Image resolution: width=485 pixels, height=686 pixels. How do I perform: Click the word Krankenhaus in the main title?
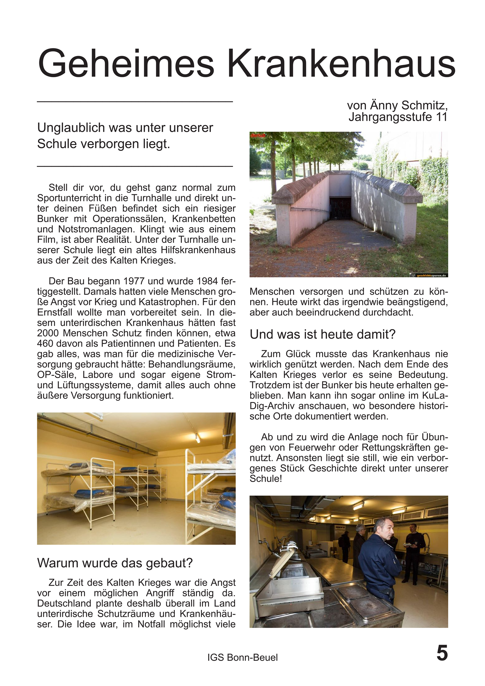click(341, 64)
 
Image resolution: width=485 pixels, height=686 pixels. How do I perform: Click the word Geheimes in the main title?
click(126, 64)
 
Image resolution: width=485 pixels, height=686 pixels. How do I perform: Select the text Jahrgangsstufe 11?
click(398, 117)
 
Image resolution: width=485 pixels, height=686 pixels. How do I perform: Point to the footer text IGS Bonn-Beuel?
click(242, 657)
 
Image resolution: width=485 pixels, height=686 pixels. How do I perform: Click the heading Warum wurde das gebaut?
click(115, 563)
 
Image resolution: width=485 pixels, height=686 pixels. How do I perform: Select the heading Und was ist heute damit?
click(322, 334)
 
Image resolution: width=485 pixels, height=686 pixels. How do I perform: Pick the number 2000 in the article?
click(49, 333)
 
